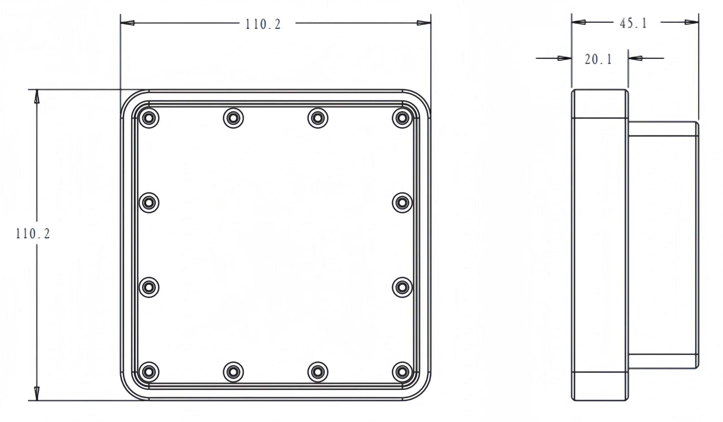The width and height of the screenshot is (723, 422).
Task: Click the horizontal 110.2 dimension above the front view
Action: tap(263, 24)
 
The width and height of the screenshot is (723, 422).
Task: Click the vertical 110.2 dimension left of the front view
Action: tap(33, 234)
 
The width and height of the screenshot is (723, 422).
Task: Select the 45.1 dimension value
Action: tap(633, 23)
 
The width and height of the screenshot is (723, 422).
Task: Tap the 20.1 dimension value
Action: tap(598, 59)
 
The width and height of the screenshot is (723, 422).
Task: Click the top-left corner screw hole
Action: tap(149, 118)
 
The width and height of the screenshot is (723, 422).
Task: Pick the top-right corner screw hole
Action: tap(402, 118)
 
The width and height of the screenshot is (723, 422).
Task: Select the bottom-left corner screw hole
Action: tap(149, 372)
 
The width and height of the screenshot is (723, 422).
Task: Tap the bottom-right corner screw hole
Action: tap(402, 372)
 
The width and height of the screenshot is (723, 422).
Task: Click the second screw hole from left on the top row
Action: tap(233, 118)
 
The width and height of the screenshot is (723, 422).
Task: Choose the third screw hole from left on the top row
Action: tap(318, 118)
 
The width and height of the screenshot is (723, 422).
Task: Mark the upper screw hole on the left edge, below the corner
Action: tap(149, 203)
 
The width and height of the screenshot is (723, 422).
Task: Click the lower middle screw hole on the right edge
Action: tap(402, 287)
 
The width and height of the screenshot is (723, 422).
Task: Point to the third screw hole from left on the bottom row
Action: tap(318, 372)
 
